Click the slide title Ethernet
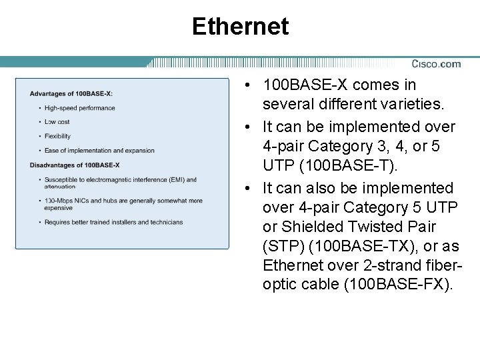240,27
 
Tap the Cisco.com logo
436,64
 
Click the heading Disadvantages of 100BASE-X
75,165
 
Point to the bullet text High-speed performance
79,108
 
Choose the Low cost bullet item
57,122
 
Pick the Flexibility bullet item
57,136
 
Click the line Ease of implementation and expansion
99,151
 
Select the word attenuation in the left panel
60,187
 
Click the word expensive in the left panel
58,208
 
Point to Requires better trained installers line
113,222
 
